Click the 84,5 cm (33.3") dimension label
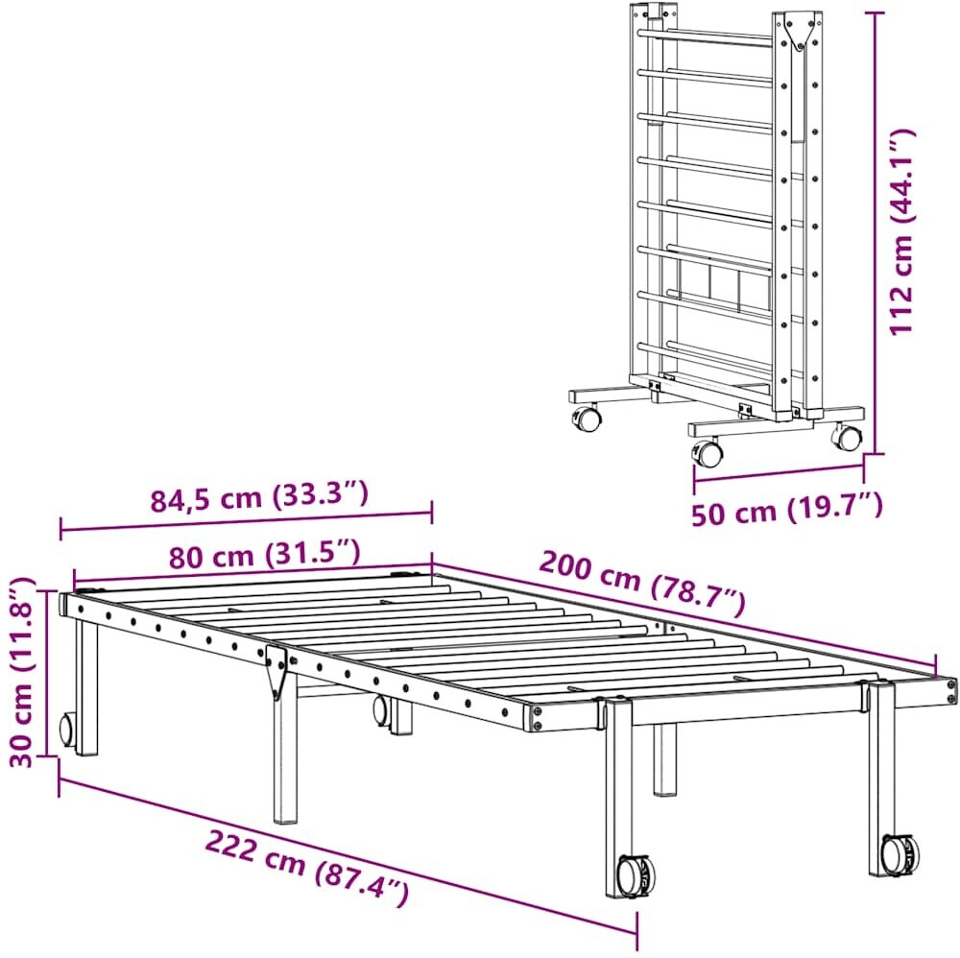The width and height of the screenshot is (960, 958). (x=259, y=496)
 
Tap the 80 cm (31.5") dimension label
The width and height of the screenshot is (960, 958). (x=264, y=554)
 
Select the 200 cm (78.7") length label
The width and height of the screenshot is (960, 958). (x=642, y=583)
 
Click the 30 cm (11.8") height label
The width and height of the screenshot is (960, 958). (x=23, y=672)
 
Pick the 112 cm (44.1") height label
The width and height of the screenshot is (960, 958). (x=901, y=231)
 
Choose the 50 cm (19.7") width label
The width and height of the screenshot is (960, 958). (x=787, y=509)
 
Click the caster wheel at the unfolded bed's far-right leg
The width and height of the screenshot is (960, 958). (x=900, y=851)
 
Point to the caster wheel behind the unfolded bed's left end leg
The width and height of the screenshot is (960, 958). (x=66, y=730)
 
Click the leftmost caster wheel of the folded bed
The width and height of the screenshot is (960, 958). (x=586, y=419)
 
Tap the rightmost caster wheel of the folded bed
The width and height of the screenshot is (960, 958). (x=847, y=437)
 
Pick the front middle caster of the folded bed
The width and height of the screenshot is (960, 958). (x=707, y=452)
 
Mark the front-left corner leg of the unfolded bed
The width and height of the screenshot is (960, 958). (x=85, y=686)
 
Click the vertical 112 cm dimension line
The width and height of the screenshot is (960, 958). (x=876, y=232)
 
